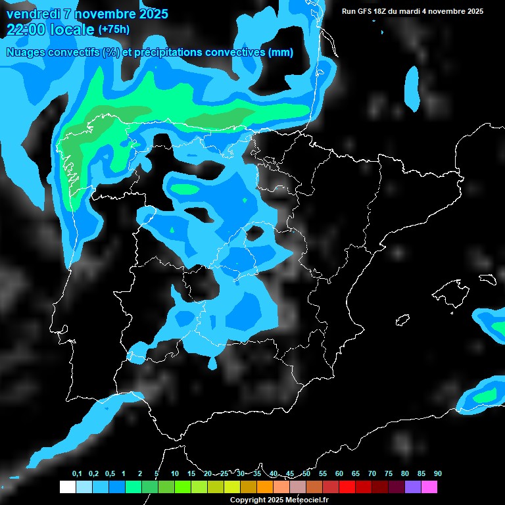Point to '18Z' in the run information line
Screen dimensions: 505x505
[x=385, y=11]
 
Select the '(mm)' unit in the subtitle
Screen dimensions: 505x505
[x=281, y=53]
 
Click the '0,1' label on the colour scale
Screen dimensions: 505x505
[x=77, y=474]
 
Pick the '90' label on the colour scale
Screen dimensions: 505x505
[x=438, y=474]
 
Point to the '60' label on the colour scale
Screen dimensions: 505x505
[x=339, y=474]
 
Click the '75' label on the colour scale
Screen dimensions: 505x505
[x=389, y=474]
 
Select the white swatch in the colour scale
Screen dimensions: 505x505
[x=67, y=487]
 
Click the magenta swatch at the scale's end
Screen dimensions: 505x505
[x=429, y=487]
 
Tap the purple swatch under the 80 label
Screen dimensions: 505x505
[x=413, y=487]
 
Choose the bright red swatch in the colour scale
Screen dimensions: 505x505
[x=347, y=487]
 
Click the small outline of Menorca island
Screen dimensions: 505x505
[x=487, y=278]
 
